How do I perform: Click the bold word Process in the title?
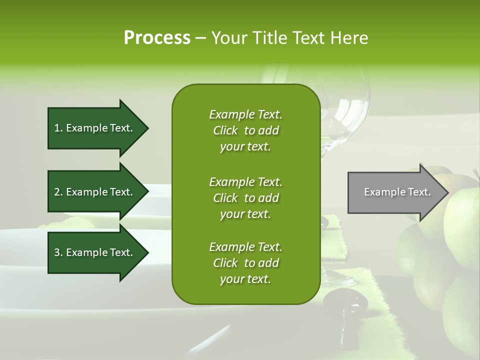(157, 38)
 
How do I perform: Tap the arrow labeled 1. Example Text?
(95, 128)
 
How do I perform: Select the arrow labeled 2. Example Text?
(95, 192)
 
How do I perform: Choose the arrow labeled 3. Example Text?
(95, 252)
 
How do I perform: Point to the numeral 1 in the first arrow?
(57, 128)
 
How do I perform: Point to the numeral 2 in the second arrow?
(57, 192)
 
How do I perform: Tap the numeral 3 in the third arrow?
(57, 252)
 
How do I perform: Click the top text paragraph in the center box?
(245, 130)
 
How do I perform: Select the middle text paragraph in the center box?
(245, 198)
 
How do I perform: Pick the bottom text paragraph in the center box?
(245, 263)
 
